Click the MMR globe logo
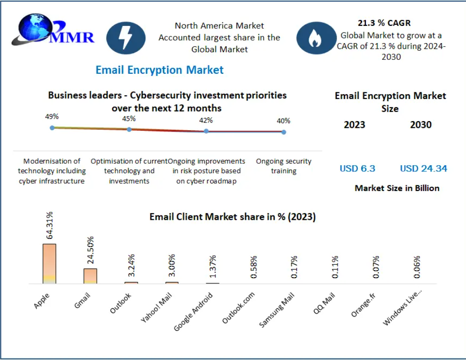click(x=53, y=30)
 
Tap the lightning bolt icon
click(x=125, y=38)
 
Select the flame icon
click(x=316, y=38)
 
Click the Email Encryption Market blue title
click(x=159, y=70)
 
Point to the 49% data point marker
click(x=52, y=128)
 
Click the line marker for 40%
click(x=284, y=132)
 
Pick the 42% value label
click(x=206, y=120)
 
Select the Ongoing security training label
click(x=284, y=166)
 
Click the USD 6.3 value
click(x=357, y=169)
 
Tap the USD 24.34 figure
click(x=423, y=169)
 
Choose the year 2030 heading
click(x=421, y=125)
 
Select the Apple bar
click(x=49, y=264)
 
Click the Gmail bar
click(x=91, y=276)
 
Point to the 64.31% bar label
click(x=49, y=225)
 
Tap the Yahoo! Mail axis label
click(x=156, y=307)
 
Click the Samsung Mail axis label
click(x=277, y=310)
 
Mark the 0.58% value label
click(x=253, y=267)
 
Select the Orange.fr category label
click(x=363, y=305)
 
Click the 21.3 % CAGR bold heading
click(x=384, y=23)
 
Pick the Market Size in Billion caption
click(x=397, y=188)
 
